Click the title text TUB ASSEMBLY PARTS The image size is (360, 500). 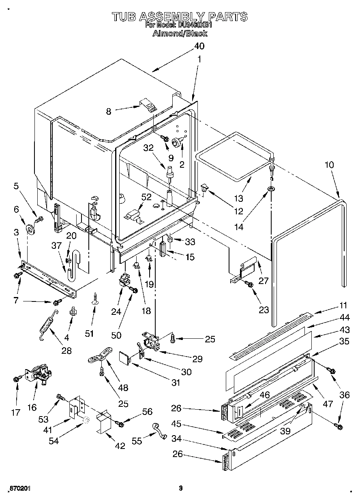[x=180, y=16]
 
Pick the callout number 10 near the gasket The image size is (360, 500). [x=329, y=165]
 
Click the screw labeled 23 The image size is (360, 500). [x=250, y=285]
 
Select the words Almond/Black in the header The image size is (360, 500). [x=180, y=33]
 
